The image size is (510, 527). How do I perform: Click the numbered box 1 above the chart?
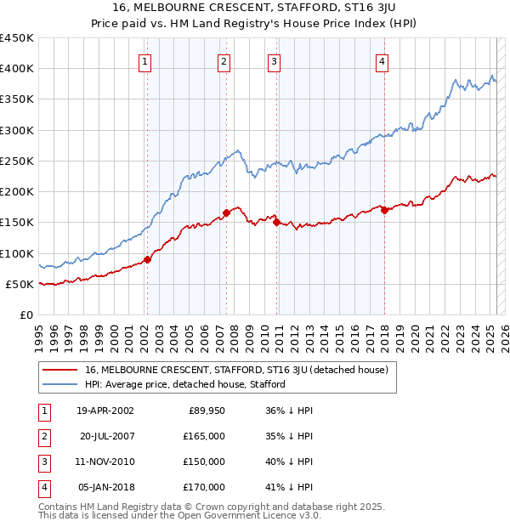tap(145, 61)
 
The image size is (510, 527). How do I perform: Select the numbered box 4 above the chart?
tap(382, 61)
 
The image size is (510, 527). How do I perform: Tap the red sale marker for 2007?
tap(227, 213)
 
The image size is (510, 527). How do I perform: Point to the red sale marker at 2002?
tap(147, 260)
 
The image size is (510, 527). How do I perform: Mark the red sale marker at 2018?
tap(384, 210)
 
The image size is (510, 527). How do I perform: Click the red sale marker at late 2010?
tap(276, 223)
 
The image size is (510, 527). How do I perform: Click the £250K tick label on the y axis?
tap(16, 161)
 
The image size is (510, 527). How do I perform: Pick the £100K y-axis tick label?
tap(16, 253)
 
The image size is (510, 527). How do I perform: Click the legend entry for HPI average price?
tap(185, 384)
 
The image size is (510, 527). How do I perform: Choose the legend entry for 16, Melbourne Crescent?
tap(236, 370)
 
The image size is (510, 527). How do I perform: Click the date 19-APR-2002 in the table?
tap(105, 411)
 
